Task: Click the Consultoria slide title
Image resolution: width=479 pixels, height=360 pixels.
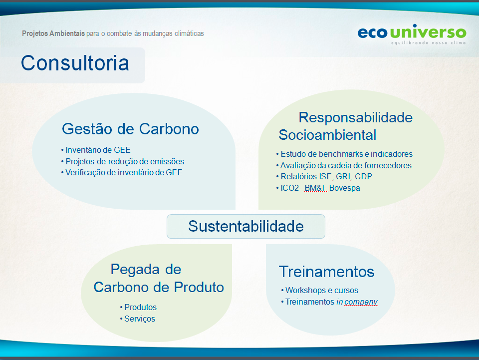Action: [75, 63]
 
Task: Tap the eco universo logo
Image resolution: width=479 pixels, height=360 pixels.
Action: [412, 34]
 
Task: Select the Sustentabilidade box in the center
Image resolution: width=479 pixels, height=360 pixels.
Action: [246, 227]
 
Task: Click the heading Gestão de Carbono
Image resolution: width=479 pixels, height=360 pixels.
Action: [130, 129]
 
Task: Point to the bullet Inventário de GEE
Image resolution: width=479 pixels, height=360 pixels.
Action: [96, 150]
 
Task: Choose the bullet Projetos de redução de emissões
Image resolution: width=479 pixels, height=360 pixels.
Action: [123, 161]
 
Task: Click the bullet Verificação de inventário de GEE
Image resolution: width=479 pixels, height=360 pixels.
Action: [122, 173]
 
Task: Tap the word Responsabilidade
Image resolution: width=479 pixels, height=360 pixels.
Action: [356, 118]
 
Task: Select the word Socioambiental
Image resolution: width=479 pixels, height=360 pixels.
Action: [327, 135]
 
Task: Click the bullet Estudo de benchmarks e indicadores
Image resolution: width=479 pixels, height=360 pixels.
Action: [344, 154]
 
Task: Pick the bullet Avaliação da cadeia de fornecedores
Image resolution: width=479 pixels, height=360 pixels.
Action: [344, 165]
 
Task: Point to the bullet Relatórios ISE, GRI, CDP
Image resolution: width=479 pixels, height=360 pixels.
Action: [324, 177]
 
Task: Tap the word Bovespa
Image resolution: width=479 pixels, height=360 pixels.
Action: [345, 188]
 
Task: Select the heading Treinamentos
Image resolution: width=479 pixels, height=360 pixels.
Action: [326, 272]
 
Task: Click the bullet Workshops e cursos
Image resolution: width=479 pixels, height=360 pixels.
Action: [319, 290]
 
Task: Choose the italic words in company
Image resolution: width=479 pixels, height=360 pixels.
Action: [357, 302]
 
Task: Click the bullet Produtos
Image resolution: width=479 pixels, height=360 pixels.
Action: [138, 307]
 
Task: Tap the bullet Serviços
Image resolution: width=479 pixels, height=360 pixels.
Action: [138, 319]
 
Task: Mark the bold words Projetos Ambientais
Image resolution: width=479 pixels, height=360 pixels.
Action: [53, 33]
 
